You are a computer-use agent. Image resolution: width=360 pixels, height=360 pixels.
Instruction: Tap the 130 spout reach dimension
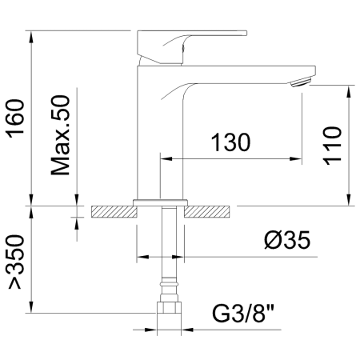coord(231,142)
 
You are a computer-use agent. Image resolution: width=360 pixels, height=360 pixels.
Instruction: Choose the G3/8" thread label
coord(248,313)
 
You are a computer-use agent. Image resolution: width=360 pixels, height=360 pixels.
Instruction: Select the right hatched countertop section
coord(210,211)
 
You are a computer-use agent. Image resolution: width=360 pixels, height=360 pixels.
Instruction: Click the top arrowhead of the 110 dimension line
coord(350,87)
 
